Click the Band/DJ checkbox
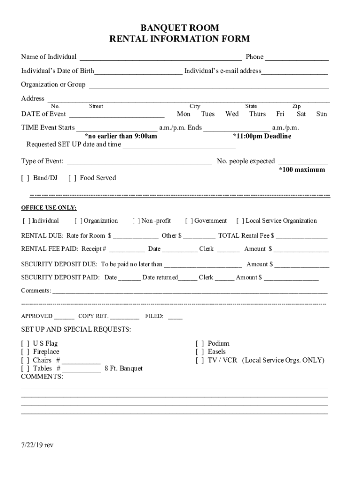25,178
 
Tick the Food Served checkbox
72,178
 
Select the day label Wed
232,114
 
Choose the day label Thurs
257,114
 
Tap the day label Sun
321,114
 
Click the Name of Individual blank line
161,59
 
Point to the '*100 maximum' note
302,170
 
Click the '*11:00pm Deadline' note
262,136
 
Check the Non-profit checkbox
137,221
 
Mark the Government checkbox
189,221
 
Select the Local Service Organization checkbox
241,221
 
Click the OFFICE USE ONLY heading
49,208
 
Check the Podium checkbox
200,344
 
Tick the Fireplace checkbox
25,352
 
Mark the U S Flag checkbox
25,344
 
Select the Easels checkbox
200,352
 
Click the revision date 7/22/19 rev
37,445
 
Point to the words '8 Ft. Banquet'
123,369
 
